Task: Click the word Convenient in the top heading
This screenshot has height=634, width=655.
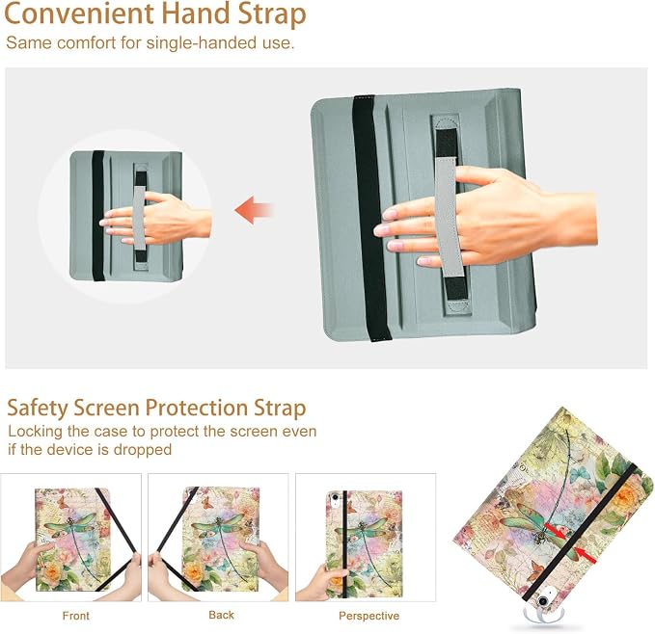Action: [79, 13]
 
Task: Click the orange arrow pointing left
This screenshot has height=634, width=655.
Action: [254, 210]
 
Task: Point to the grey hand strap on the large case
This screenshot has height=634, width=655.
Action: [446, 216]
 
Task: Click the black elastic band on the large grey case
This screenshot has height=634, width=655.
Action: [370, 218]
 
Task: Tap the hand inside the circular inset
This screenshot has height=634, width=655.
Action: [155, 219]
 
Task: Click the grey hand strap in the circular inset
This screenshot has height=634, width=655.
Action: [140, 218]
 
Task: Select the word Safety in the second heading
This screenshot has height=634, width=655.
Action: [38, 408]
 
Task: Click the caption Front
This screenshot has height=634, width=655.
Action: [75, 616]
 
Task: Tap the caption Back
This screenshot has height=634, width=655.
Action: [222, 615]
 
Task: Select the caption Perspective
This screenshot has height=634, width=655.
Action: [368, 616]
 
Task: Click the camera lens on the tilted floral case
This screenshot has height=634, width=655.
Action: [543, 601]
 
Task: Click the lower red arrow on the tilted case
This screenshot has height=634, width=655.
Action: [586, 555]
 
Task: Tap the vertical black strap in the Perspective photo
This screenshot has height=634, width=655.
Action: [345, 543]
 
